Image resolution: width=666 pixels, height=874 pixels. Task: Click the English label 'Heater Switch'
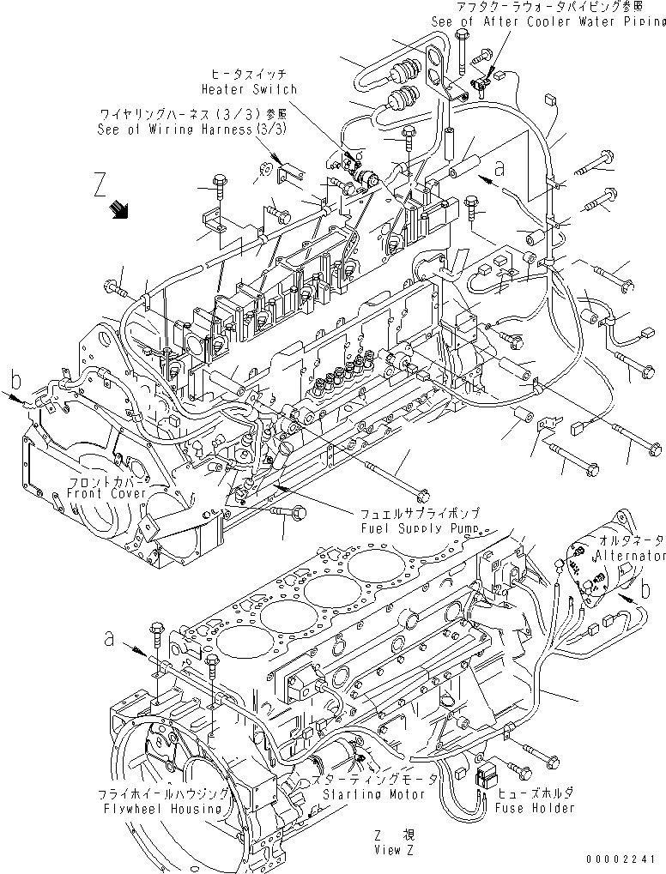point(249,89)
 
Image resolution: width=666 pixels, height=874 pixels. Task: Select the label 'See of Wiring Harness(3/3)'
point(195,129)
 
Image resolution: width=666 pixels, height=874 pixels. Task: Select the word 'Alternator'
point(633,556)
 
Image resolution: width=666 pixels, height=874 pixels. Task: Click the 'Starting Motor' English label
point(374,794)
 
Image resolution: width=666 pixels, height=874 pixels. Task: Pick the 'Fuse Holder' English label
point(536,808)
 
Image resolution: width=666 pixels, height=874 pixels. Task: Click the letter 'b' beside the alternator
point(645,590)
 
